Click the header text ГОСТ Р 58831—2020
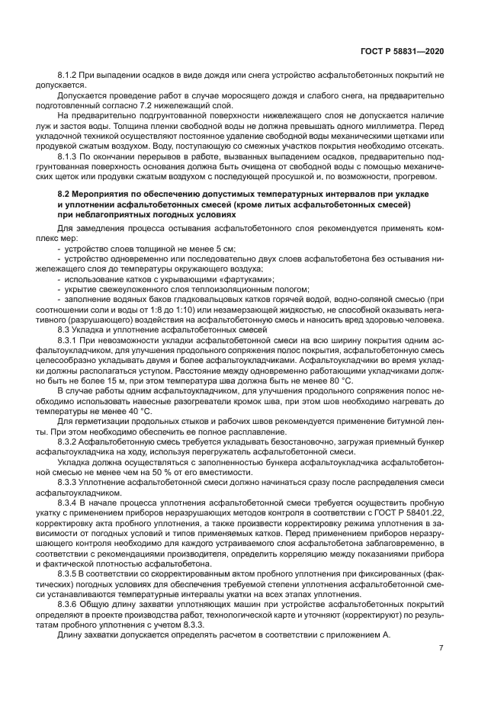pos(403,51)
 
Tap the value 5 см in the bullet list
pos(225,248)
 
